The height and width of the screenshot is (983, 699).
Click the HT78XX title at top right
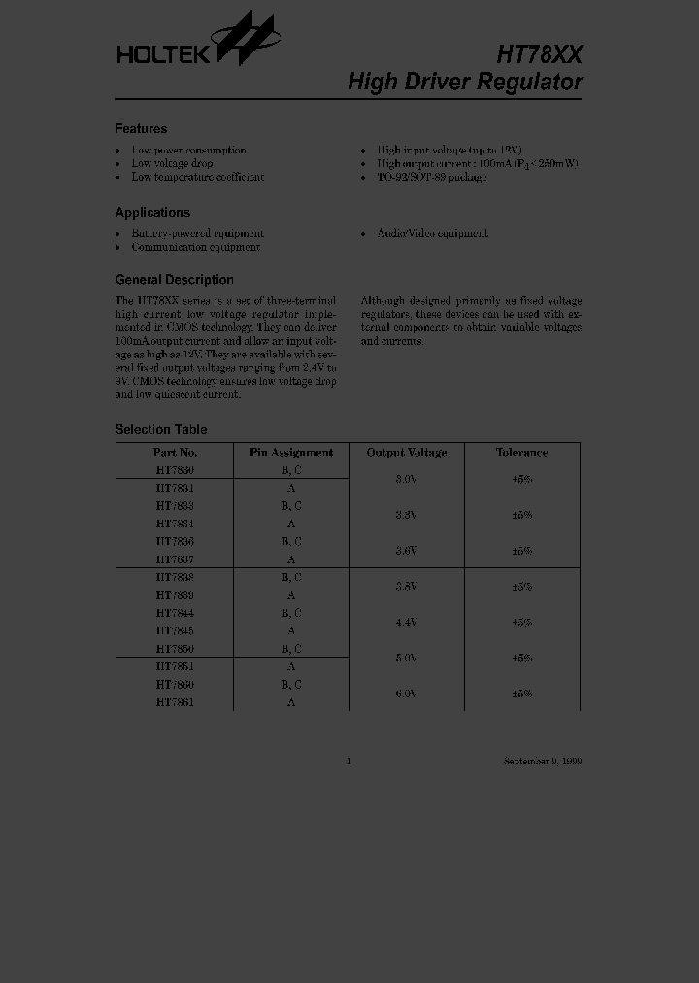(x=539, y=53)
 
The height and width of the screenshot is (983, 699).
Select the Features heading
(x=141, y=129)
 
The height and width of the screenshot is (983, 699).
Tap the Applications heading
(x=152, y=213)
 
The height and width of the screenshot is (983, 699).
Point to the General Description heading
(x=174, y=280)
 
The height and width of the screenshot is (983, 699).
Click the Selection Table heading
(x=160, y=430)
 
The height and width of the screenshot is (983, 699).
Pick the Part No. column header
(x=175, y=453)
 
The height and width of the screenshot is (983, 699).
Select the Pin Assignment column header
(x=291, y=453)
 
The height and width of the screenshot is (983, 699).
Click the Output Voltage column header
(x=406, y=453)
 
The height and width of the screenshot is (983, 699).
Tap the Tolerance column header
(x=521, y=453)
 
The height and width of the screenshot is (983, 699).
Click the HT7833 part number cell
(x=175, y=506)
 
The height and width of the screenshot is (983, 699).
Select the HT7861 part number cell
(x=175, y=702)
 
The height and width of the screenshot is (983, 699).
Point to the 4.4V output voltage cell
(x=406, y=622)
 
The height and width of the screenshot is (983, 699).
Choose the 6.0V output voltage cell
(x=406, y=694)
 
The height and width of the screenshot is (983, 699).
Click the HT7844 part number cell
(x=175, y=613)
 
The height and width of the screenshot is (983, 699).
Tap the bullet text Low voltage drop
(x=172, y=163)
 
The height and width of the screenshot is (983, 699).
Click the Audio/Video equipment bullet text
(x=432, y=233)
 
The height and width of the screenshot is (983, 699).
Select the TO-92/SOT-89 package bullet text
(x=432, y=177)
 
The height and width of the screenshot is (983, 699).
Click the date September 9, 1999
(x=543, y=762)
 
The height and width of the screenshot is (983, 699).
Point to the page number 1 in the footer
(x=349, y=762)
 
